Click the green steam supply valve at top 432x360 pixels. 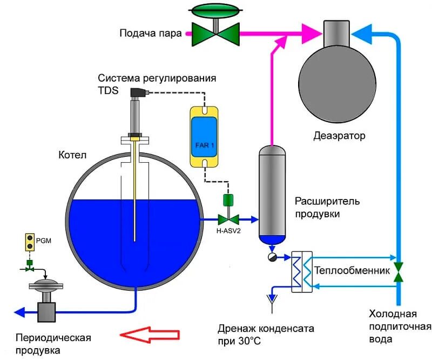(217, 31)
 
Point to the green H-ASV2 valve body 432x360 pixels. (228, 219)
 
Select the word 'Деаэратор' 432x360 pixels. (339, 136)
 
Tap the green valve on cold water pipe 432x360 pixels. (399, 272)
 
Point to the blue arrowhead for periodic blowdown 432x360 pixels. (19, 312)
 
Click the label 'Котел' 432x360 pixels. (72, 156)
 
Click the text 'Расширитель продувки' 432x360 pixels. (327, 208)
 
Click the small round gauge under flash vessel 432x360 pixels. (273, 257)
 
